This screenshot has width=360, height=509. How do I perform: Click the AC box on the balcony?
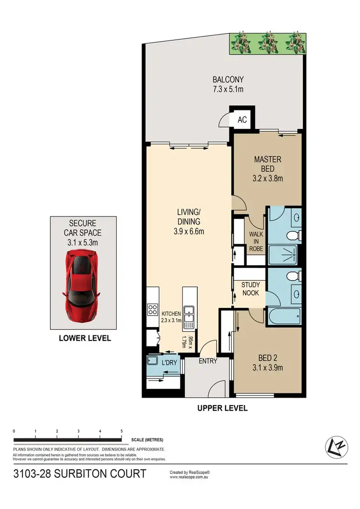pyautogui.click(x=242, y=119)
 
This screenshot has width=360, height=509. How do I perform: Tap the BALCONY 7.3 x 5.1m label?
pyautogui.click(x=229, y=84)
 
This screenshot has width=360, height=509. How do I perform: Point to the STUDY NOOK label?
pyautogui.click(x=250, y=288)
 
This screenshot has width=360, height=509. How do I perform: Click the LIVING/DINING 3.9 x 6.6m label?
pyautogui.click(x=187, y=226)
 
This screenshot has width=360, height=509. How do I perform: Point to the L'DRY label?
pyautogui.click(x=169, y=363)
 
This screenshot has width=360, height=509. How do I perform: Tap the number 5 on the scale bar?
pyautogui.click(x=121, y=431)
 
